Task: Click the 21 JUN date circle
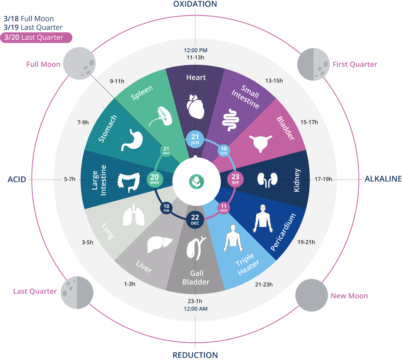(x=195, y=139)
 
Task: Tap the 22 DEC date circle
(x=195, y=220)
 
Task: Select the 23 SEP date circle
(x=235, y=179)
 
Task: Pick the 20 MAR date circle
(x=155, y=179)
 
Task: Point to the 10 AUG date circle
(x=223, y=151)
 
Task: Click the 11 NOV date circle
(x=223, y=208)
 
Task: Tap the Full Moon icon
(x=80, y=63)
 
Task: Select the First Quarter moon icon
(x=313, y=64)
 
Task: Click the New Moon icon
(x=312, y=295)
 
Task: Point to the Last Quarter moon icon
(x=77, y=292)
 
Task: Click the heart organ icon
(x=195, y=106)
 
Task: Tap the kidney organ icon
(x=267, y=180)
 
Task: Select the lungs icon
(x=133, y=215)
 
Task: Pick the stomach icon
(x=132, y=140)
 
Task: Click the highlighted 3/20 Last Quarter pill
(x=36, y=38)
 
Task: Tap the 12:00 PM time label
(x=195, y=50)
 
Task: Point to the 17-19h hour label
(x=323, y=179)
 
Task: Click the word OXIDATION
(x=195, y=4)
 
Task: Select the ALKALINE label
(x=383, y=179)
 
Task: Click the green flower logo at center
(x=196, y=182)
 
